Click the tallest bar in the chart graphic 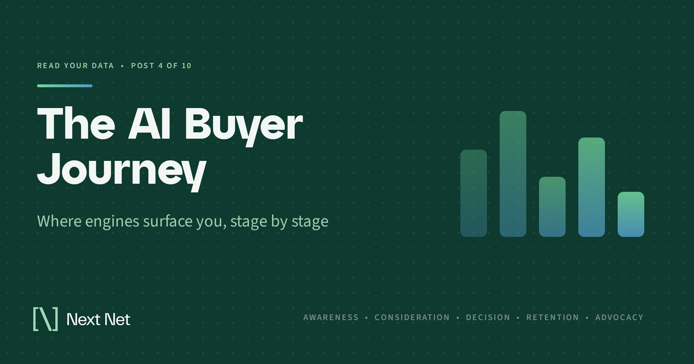tap(513, 174)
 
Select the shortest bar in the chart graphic tap(631, 214)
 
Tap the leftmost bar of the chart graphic tap(474, 193)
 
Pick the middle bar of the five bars tap(552, 207)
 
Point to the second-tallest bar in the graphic tap(592, 187)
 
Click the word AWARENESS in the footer tap(331, 317)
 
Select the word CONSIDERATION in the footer tap(412, 317)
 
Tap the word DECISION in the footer tap(488, 317)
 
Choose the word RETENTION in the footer tap(553, 317)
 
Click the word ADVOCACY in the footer tap(619, 317)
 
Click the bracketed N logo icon tap(46, 319)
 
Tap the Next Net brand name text tap(98, 320)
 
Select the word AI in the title tap(149, 124)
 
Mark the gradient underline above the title tap(65, 86)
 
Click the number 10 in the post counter tap(187, 66)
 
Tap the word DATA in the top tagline tap(103, 66)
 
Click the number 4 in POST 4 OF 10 tap(160, 66)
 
